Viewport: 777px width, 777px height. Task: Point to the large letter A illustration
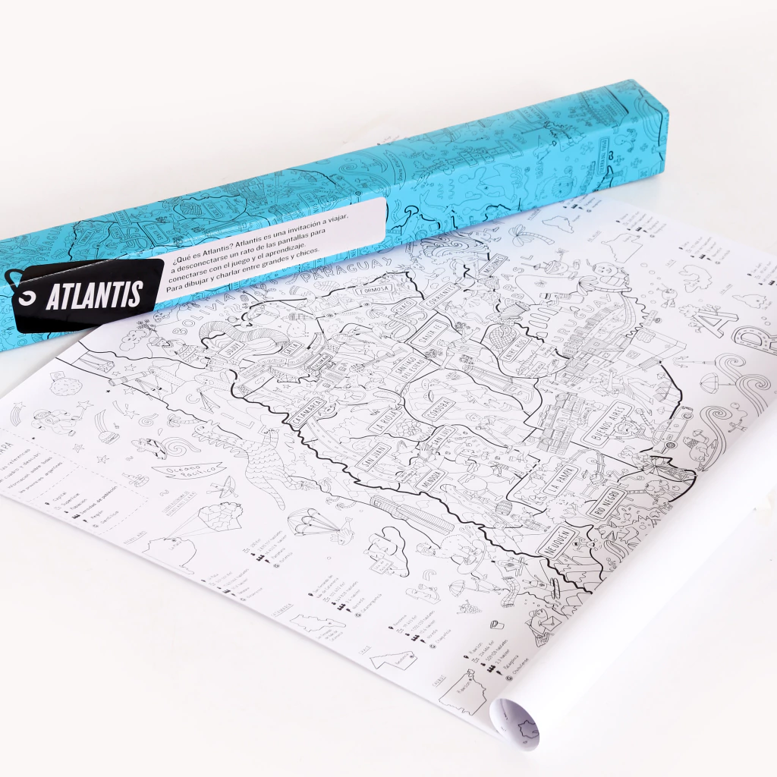click(717, 322)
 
